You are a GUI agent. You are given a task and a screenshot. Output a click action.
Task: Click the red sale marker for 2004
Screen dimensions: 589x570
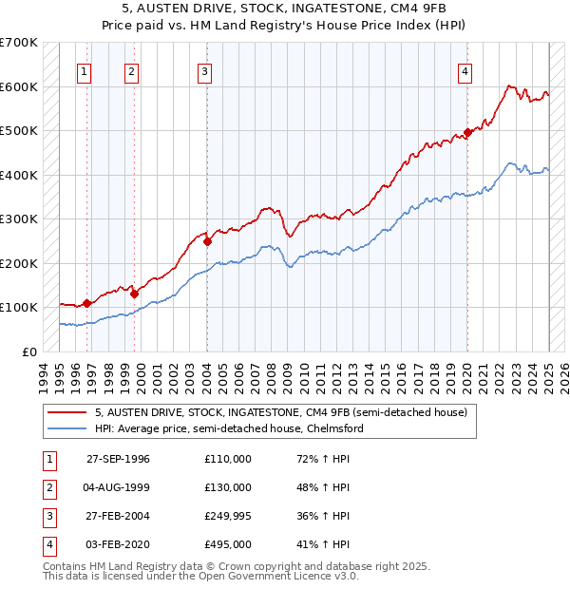207,241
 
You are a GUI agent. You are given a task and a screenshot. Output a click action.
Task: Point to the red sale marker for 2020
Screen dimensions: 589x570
467,132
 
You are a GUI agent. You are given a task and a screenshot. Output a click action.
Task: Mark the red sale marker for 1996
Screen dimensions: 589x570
86,303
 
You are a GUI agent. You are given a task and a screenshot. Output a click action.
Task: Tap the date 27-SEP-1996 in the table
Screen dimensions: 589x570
118,459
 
